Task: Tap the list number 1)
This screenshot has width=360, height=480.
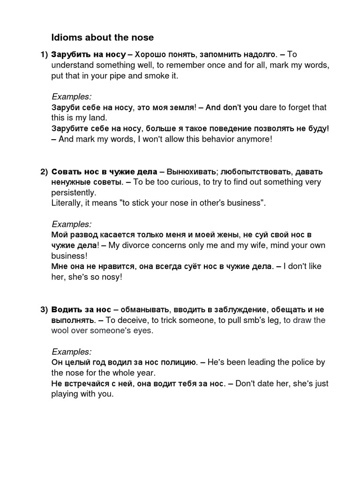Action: tap(43, 54)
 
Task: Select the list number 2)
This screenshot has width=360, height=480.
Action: tap(43, 171)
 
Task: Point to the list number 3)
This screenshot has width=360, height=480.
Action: tap(43, 310)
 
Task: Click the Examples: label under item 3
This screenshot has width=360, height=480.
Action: tap(71, 352)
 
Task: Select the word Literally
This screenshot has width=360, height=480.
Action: tap(66, 203)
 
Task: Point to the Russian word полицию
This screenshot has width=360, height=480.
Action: tap(179, 362)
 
